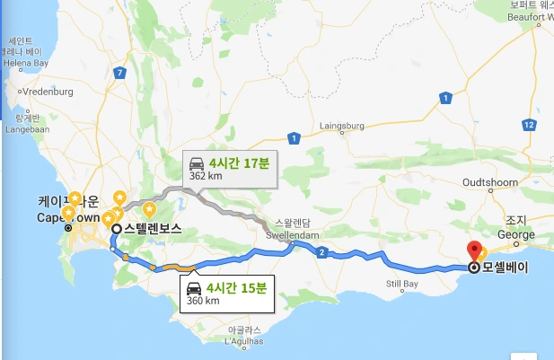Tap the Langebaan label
[30, 129]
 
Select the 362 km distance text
[205, 178]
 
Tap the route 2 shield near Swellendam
[321, 252]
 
